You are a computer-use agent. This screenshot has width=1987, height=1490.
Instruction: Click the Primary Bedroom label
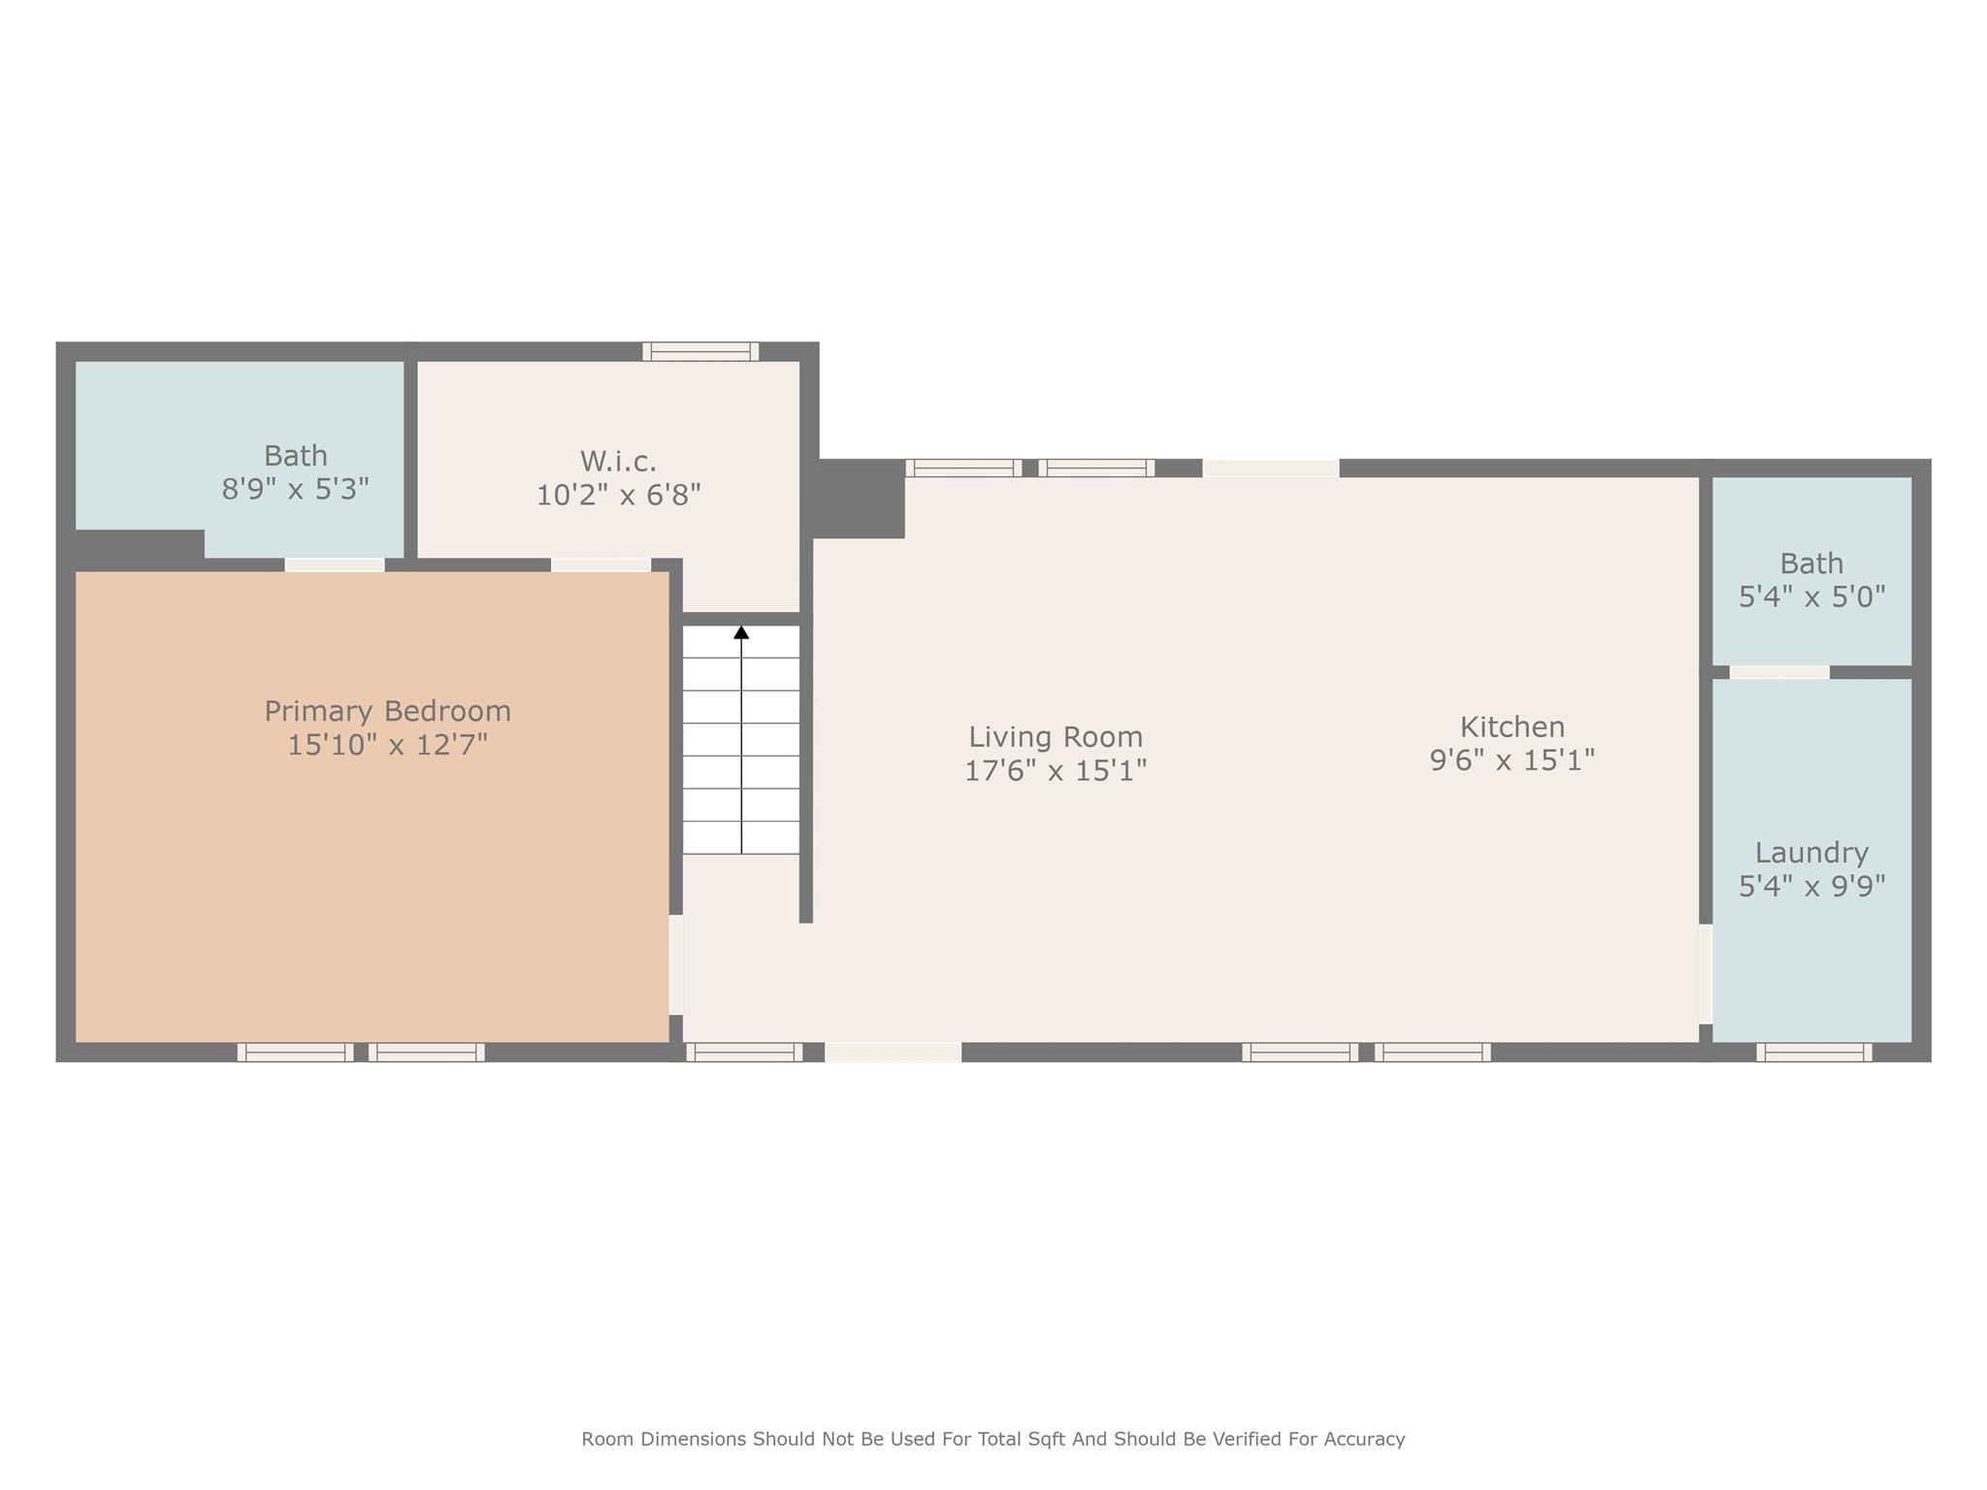point(387,711)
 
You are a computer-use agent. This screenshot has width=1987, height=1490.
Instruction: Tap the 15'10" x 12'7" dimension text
point(387,745)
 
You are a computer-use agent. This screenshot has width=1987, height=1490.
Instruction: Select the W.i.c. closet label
point(619,461)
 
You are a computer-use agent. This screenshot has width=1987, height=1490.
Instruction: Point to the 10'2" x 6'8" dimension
point(619,495)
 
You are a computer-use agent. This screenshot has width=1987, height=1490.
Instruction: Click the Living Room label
point(1056,737)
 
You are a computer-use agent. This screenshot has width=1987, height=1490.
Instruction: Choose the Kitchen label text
point(1513,727)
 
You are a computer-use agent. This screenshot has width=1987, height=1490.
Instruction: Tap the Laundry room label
point(1811,853)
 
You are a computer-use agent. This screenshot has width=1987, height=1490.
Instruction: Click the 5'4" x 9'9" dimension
point(1811,886)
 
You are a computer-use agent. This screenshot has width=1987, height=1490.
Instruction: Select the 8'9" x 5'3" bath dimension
point(295,489)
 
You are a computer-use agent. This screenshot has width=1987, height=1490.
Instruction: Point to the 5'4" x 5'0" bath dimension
point(1811,597)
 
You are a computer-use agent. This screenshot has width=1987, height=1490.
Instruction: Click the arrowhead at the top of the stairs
point(741,632)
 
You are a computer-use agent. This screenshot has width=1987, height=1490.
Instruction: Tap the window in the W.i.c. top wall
point(700,351)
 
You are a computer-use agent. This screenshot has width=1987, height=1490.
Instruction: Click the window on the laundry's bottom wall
point(1814,1053)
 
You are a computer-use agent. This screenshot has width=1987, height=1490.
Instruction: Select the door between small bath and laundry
point(1779,672)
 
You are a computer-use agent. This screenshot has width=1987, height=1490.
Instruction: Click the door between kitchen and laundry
point(1706,974)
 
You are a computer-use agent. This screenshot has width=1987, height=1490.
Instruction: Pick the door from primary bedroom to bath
point(335,565)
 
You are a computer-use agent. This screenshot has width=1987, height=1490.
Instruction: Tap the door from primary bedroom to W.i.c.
point(602,565)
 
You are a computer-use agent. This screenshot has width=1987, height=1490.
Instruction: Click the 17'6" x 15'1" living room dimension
point(1056,770)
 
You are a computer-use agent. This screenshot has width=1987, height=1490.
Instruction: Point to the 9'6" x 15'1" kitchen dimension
point(1513,760)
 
